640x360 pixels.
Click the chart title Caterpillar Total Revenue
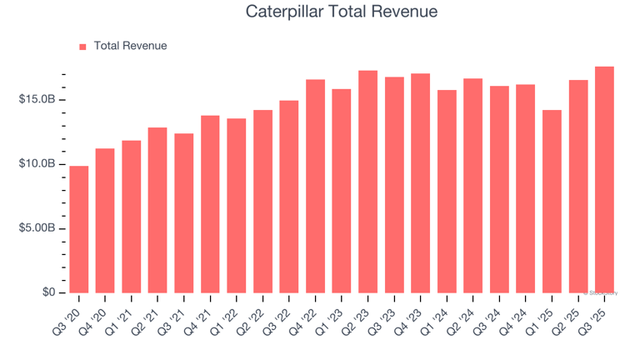coord(342,12)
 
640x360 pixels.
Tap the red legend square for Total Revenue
coord(82,47)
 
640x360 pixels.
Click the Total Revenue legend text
coord(130,46)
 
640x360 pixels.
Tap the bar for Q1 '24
coord(447,191)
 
